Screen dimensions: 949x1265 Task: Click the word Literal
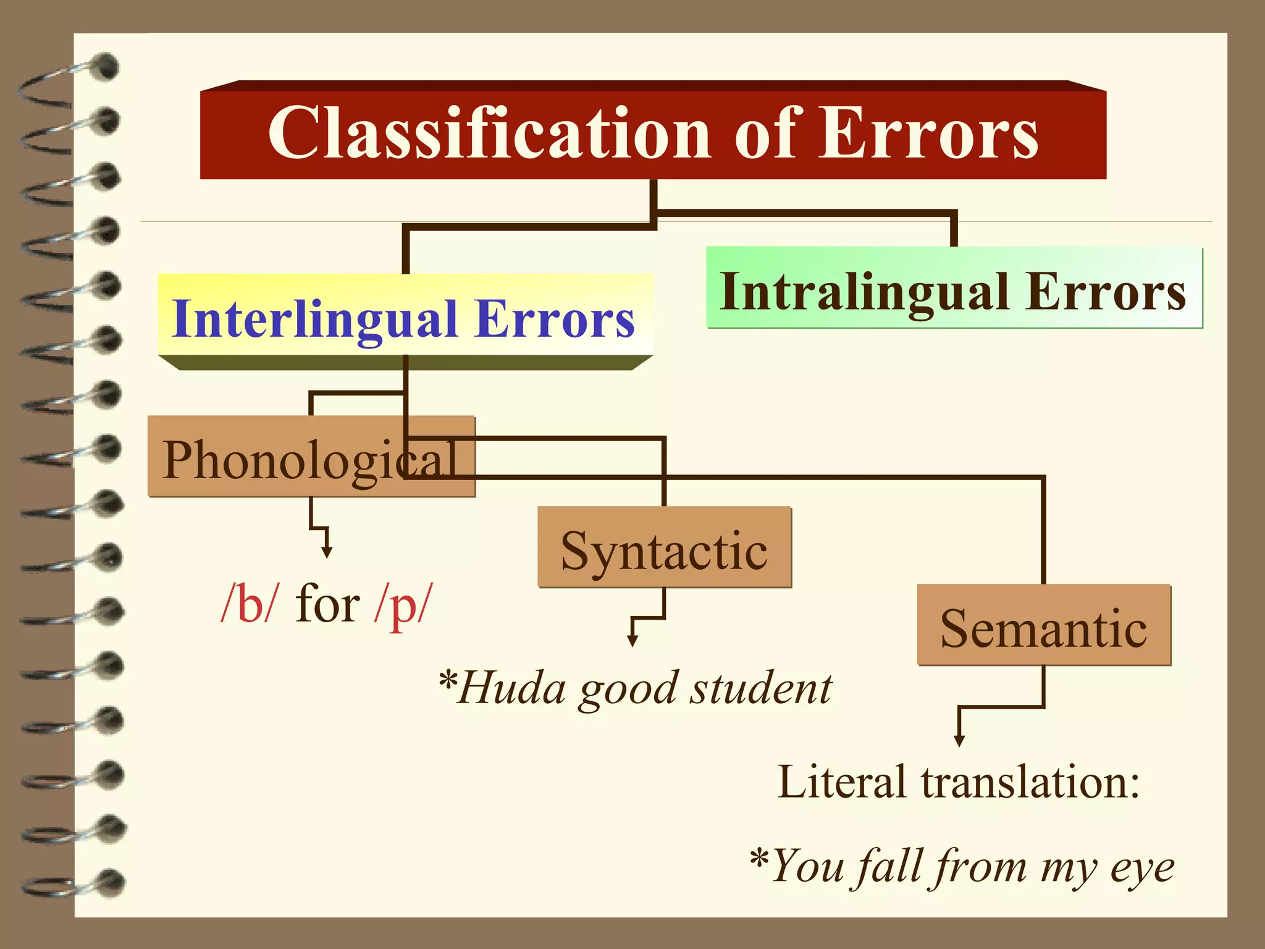(843, 782)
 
